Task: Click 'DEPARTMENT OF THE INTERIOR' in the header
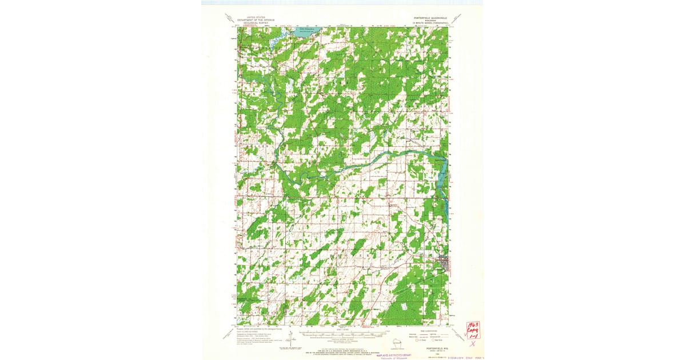pos(254,20)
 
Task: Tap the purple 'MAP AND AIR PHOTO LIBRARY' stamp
pos(398,355)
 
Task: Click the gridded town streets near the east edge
pos(444,265)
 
